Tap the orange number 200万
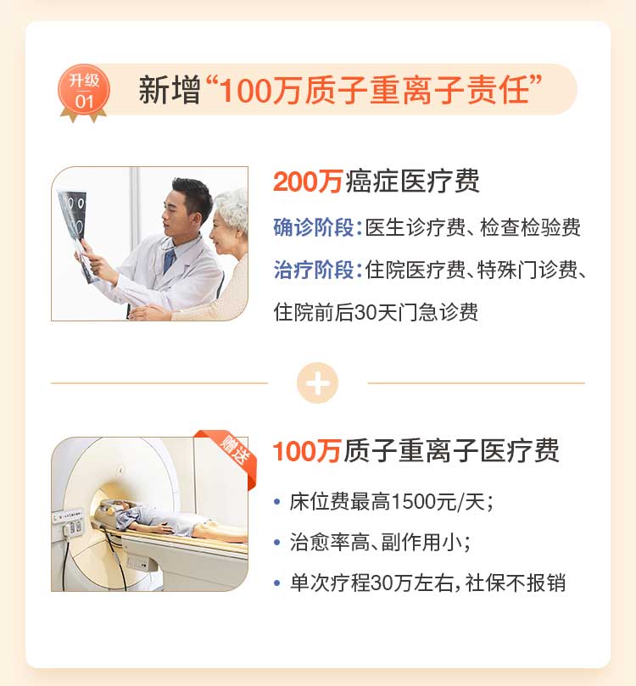[307, 181]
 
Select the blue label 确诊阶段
[313, 227]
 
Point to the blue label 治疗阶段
[313, 270]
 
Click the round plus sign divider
[317, 382]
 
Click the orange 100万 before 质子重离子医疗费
[306, 451]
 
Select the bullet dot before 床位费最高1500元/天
[276, 502]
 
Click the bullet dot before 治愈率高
[276, 543]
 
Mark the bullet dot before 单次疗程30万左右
[276, 583]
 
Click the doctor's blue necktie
[169, 261]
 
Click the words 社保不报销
[516, 583]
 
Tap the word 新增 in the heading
[170, 90]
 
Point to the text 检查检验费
[530, 227]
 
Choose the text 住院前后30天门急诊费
[376, 312]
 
